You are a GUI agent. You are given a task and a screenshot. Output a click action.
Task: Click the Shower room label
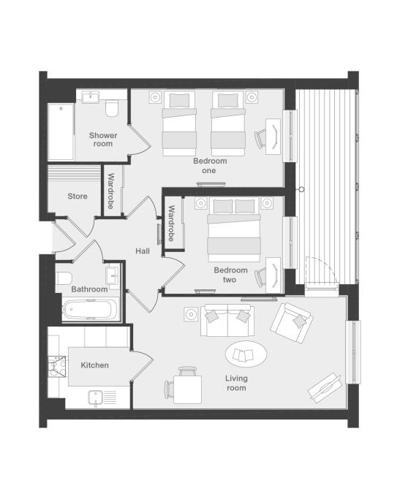[x=103, y=140]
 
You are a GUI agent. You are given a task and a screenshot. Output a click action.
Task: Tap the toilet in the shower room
[x=111, y=108]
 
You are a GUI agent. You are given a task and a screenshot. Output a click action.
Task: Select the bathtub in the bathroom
[x=88, y=309]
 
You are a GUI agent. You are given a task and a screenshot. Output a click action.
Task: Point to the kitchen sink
[x=95, y=397]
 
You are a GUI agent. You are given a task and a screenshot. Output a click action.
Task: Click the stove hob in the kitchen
[x=57, y=367]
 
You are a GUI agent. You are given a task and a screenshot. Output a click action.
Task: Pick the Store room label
[x=78, y=196]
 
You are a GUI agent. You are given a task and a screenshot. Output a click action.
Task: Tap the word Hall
[x=143, y=251]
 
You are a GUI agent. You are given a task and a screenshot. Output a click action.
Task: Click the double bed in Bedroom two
[x=234, y=229]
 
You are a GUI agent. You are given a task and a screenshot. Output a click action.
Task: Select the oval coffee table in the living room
[x=246, y=354]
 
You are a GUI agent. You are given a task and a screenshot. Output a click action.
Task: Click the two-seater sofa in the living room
[x=227, y=321]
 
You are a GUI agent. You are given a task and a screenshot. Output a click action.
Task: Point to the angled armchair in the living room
[x=291, y=323]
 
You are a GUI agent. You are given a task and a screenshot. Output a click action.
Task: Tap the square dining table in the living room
[x=188, y=389]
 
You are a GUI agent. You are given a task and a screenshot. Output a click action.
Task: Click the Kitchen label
[x=94, y=365]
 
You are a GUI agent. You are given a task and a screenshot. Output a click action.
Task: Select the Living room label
[x=236, y=383]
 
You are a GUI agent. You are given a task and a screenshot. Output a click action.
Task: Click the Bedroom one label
[x=210, y=166]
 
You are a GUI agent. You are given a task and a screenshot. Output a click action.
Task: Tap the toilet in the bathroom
[x=64, y=278]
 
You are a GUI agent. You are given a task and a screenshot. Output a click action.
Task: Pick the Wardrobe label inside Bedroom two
[x=171, y=223]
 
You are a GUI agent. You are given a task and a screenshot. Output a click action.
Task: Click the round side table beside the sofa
[x=191, y=314]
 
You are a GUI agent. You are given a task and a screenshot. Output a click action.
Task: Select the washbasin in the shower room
[x=91, y=96]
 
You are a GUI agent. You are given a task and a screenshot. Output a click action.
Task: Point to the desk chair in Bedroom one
[x=260, y=138]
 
